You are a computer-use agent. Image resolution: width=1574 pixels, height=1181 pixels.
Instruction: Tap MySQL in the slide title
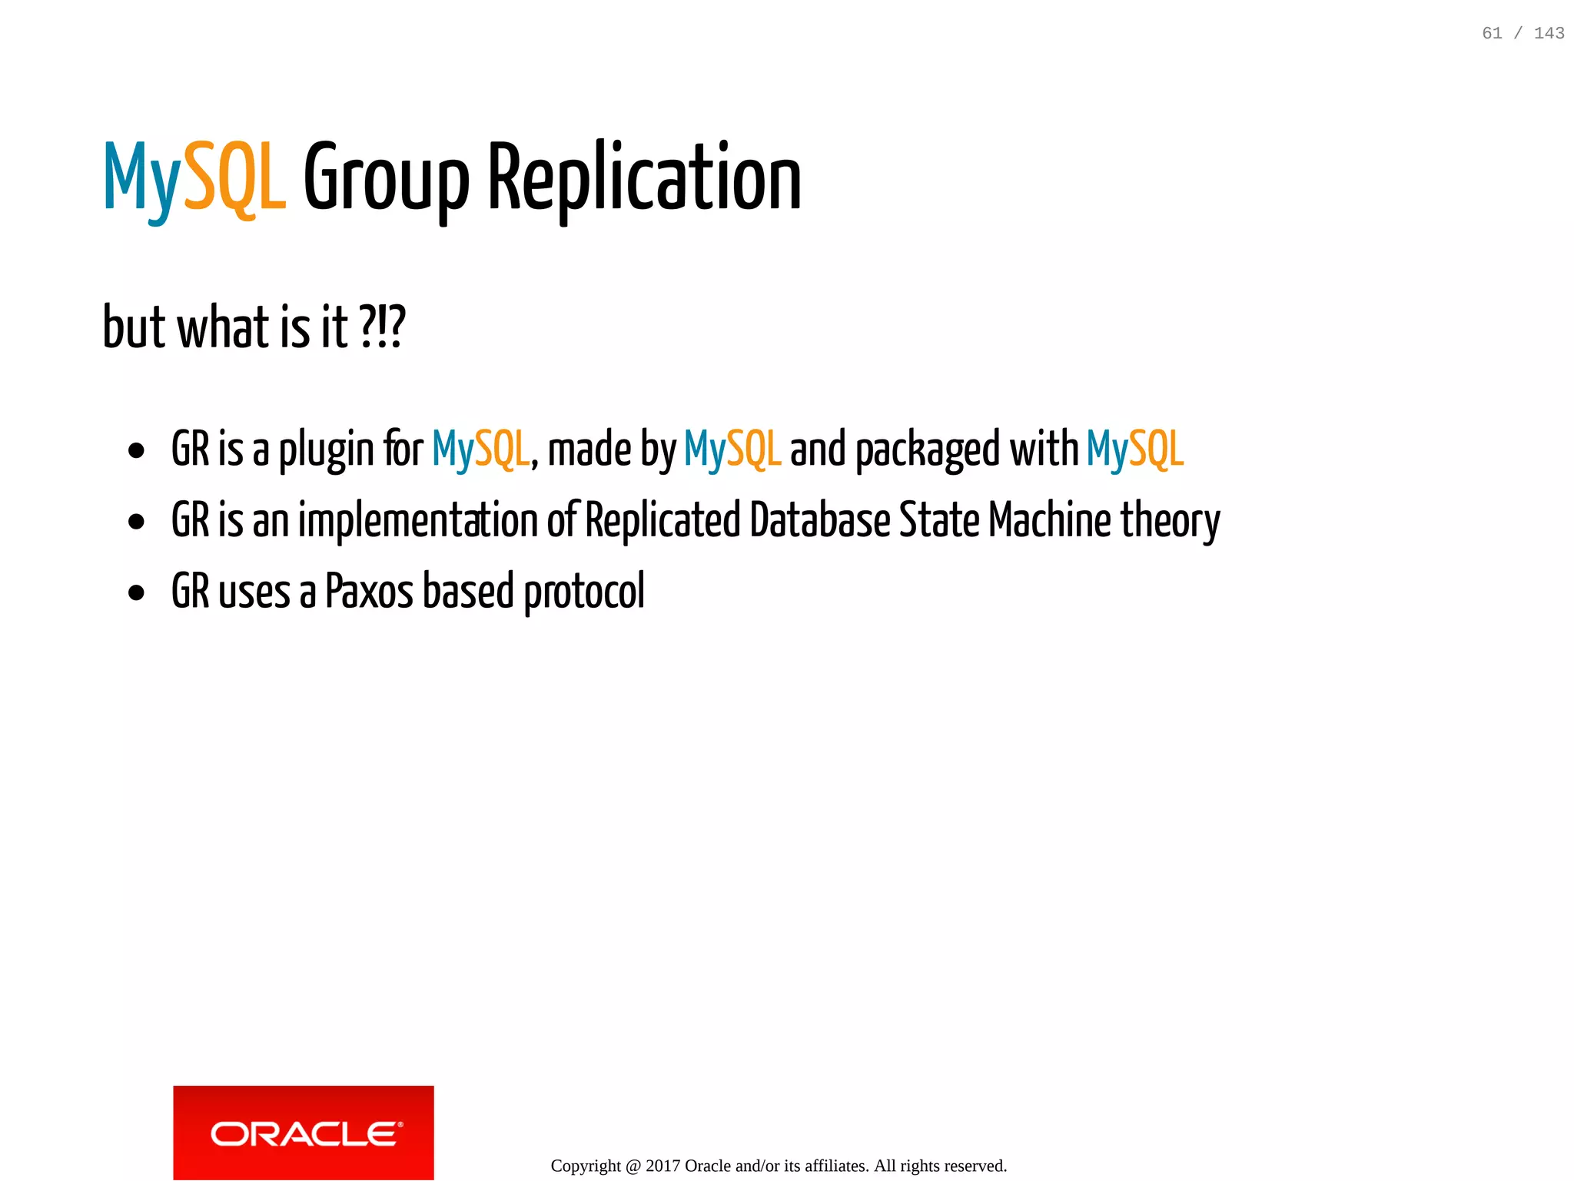(x=195, y=178)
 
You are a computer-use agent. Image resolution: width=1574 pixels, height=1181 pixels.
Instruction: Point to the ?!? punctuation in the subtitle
(x=381, y=327)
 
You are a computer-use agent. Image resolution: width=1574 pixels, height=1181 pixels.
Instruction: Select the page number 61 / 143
(x=1523, y=33)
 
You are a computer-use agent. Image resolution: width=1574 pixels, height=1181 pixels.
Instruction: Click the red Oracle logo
(x=304, y=1132)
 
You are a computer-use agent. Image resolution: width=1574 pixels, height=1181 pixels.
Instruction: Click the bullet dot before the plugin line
(x=137, y=451)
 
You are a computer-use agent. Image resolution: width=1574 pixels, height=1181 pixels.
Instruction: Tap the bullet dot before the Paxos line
(x=137, y=593)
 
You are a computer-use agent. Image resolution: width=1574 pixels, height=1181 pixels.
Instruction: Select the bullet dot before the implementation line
(x=137, y=522)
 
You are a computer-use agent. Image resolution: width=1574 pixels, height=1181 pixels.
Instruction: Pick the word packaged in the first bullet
(x=928, y=450)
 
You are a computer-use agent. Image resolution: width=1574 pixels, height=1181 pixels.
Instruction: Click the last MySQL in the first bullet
(x=1134, y=450)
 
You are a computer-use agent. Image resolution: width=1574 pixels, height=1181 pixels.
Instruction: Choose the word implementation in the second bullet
(x=417, y=521)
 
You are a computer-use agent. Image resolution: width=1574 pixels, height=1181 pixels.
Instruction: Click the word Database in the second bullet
(x=819, y=520)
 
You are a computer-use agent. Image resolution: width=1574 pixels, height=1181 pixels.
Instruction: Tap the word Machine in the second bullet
(x=1049, y=520)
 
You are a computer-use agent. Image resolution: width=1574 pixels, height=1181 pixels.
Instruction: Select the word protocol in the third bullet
(x=584, y=592)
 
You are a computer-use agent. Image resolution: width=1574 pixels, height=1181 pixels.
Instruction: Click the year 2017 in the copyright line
(x=662, y=1166)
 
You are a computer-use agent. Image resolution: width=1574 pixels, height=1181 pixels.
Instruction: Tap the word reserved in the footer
(x=976, y=1166)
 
